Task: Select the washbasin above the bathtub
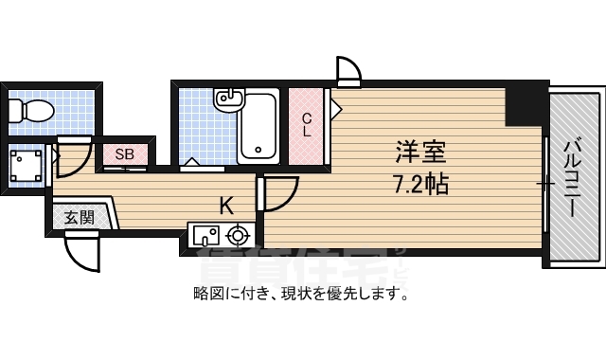[x=228, y=97]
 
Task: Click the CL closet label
[x=307, y=125]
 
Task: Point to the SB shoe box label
[x=124, y=153]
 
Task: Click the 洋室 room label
[x=420, y=151]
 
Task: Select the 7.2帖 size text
[x=420, y=184]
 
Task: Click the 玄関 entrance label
[x=79, y=217]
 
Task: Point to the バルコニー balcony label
[x=574, y=177]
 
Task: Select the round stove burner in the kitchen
[x=238, y=233]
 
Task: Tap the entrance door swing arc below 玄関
[x=81, y=251]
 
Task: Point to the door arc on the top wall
[x=349, y=71]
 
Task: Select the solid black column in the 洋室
[x=524, y=106]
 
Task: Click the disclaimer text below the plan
[x=302, y=294]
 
